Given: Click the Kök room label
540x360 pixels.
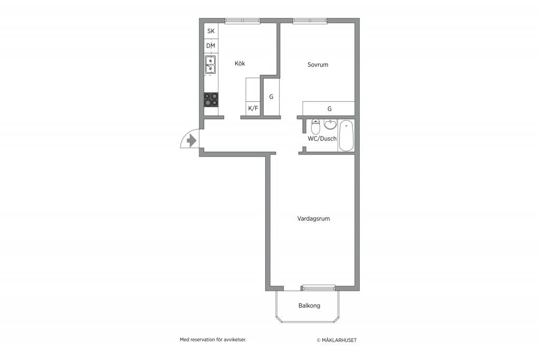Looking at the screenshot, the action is (240, 63).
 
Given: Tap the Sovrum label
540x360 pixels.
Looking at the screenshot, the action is (318, 64).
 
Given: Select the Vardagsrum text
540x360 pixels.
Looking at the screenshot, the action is (313, 219).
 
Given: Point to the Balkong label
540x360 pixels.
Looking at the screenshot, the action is (309, 306).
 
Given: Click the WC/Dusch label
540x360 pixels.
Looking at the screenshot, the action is (322, 139).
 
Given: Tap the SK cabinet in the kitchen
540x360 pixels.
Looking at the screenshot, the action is (211, 31).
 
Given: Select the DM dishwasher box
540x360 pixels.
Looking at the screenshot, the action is (211, 46).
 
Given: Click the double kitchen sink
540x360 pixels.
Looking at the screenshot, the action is (210, 65).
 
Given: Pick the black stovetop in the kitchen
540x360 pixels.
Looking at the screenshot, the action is (211, 100).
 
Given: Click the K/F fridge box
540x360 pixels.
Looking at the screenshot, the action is (253, 109).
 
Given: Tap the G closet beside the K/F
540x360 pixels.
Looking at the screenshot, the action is (272, 96).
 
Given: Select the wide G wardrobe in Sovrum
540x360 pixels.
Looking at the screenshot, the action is (329, 109).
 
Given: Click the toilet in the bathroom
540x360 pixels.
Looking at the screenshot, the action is (315, 127).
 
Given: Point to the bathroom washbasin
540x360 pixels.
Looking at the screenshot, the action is (330, 124).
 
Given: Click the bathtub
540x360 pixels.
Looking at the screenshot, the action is (346, 135).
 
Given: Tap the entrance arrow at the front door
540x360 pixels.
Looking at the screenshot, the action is (191, 141).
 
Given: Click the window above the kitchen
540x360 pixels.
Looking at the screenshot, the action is (243, 21).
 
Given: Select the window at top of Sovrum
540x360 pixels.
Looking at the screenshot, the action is (310, 21).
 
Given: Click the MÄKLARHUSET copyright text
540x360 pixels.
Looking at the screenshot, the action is (336, 340).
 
